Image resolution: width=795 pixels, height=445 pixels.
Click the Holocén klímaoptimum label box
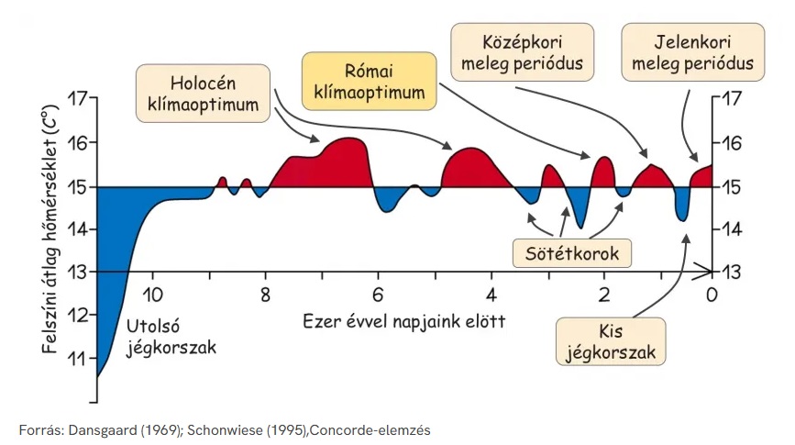click(x=204, y=93)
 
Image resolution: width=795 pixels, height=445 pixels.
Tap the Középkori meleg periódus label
click(x=523, y=53)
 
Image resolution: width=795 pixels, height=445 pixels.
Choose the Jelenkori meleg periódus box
click(x=692, y=53)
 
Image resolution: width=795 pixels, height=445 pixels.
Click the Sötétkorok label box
click(x=572, y=251)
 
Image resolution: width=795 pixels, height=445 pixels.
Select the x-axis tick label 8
click(x=264, y=295)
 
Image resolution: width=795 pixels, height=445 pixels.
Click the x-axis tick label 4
click(x=491, y=295)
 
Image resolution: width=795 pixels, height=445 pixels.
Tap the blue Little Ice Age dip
click(x=680, y=204)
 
